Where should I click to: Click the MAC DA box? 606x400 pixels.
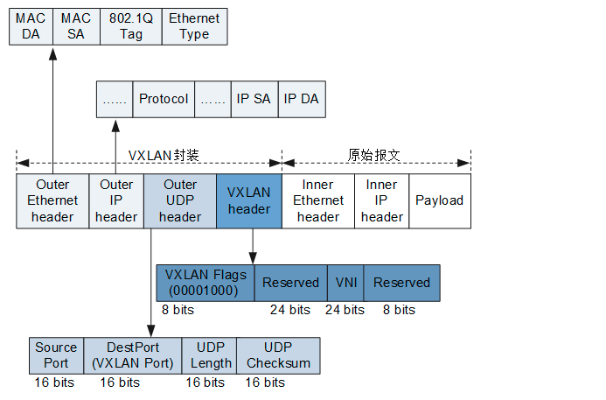click(31, 25)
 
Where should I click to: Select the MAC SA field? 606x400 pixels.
click(77, 25)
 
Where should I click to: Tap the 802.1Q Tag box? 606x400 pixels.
click(130, 25)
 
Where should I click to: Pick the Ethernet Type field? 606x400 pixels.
click(194, 25)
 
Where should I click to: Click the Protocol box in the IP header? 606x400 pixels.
click(164, 99)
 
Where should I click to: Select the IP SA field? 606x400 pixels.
click(254, 99)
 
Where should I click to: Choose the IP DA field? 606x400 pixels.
click(301, 99)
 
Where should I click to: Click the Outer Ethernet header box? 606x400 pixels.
click(52, 201)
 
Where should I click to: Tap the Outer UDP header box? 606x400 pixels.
click(180, 201)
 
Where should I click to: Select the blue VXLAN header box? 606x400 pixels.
click(248, 201)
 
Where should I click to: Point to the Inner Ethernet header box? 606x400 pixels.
click(317, 201)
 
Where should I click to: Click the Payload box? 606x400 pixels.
click(439, 201)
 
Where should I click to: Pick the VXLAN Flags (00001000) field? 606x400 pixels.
click(205, 283)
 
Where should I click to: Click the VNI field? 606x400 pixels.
click(345, 283)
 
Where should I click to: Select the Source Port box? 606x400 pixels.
click(56, 355)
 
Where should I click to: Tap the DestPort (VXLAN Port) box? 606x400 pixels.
click(135, 355)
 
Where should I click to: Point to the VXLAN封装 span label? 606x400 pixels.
click(164, 155)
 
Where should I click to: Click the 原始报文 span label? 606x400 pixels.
click(374, 155)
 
